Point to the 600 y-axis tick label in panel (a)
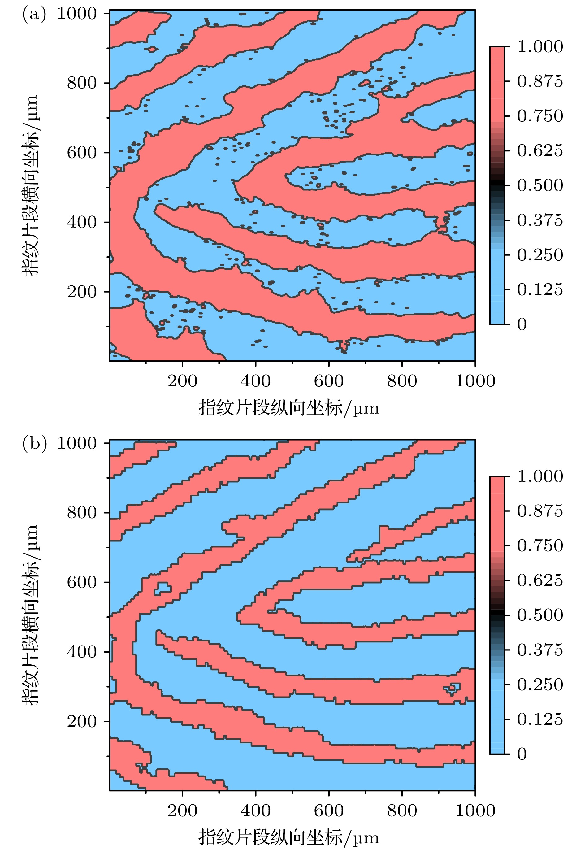pos(82,153)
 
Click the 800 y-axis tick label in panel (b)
pos(82,513)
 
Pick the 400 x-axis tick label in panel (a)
pos(255,381)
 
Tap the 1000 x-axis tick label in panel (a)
pos(475,381)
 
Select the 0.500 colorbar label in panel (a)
pos(540,185)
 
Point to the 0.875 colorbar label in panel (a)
pos(540,81)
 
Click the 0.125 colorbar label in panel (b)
pos(540,719)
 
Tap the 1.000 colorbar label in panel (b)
pos(540,476)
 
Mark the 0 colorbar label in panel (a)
pos(522,324)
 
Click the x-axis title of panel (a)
pos(289,408)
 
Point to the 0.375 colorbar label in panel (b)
pos(540,650)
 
